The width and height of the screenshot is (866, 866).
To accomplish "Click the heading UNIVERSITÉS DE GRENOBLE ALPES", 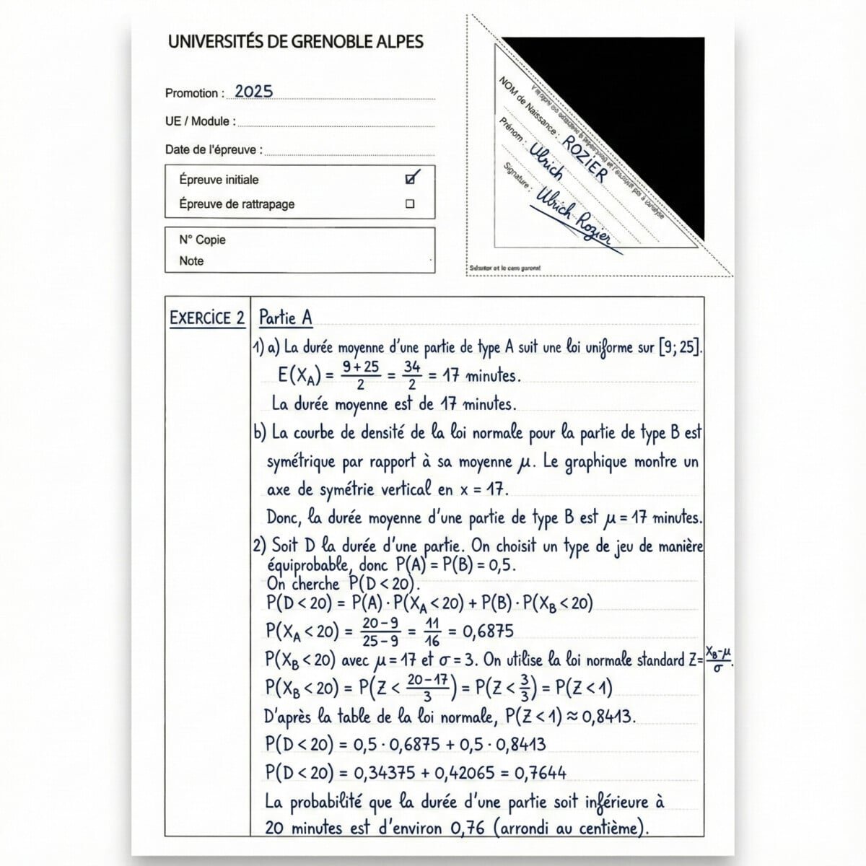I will click(296, 42).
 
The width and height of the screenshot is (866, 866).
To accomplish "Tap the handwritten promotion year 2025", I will click(254, 92).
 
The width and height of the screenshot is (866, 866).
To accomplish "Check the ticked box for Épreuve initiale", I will click(412, 178).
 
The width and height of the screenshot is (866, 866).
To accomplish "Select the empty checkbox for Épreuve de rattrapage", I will click(410, 204).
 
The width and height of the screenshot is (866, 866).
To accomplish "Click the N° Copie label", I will click(202, 240).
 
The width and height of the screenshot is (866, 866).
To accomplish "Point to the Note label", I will click(191, 261).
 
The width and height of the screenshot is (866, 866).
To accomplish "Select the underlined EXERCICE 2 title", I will click(207, 318).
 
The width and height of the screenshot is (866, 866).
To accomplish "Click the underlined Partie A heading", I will click(285, 318).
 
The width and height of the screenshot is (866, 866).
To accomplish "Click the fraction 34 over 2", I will click(412, 375).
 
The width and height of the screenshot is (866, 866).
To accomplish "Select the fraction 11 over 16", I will click(432, 631).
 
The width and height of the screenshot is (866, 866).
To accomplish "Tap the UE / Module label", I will click(201, 121).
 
